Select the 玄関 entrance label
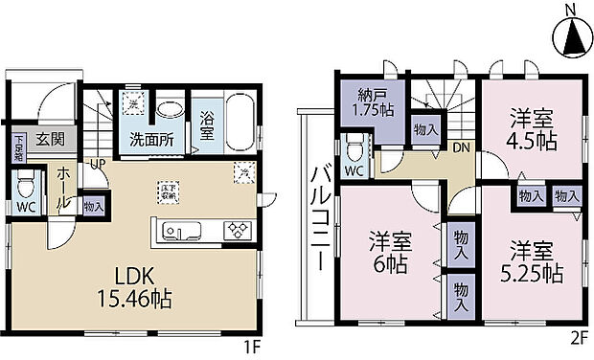click(51, 139)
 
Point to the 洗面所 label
click(151, 140)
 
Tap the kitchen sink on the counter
click(180, 231)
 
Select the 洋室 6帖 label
click(389, 251)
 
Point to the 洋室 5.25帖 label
click(535, 260)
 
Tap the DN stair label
click(460, 148)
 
